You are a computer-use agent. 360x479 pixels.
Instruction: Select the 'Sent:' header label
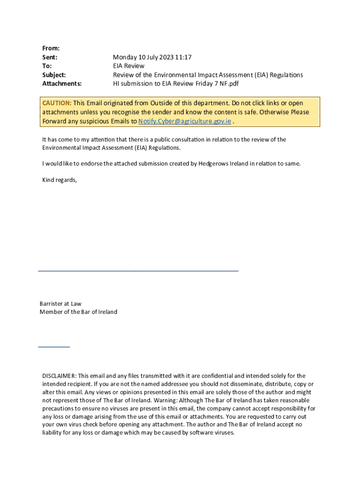click(50, 57)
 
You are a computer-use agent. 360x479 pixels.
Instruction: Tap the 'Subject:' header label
click(54, 75)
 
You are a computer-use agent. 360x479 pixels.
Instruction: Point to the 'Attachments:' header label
click(62, 84)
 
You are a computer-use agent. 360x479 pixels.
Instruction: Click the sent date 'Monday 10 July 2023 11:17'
click(152, 57)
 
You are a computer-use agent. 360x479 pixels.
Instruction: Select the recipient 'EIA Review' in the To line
click(129, 66)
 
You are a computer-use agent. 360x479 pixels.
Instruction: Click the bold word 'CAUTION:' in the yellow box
click(57, 103)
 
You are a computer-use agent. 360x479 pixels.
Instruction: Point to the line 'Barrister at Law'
click(60, 304)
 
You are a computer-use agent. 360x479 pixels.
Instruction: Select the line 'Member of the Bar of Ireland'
click(78, 312)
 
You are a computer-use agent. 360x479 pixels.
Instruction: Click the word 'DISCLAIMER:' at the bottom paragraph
click(59, 376)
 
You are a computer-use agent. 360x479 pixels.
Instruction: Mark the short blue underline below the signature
click(54, 347)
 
